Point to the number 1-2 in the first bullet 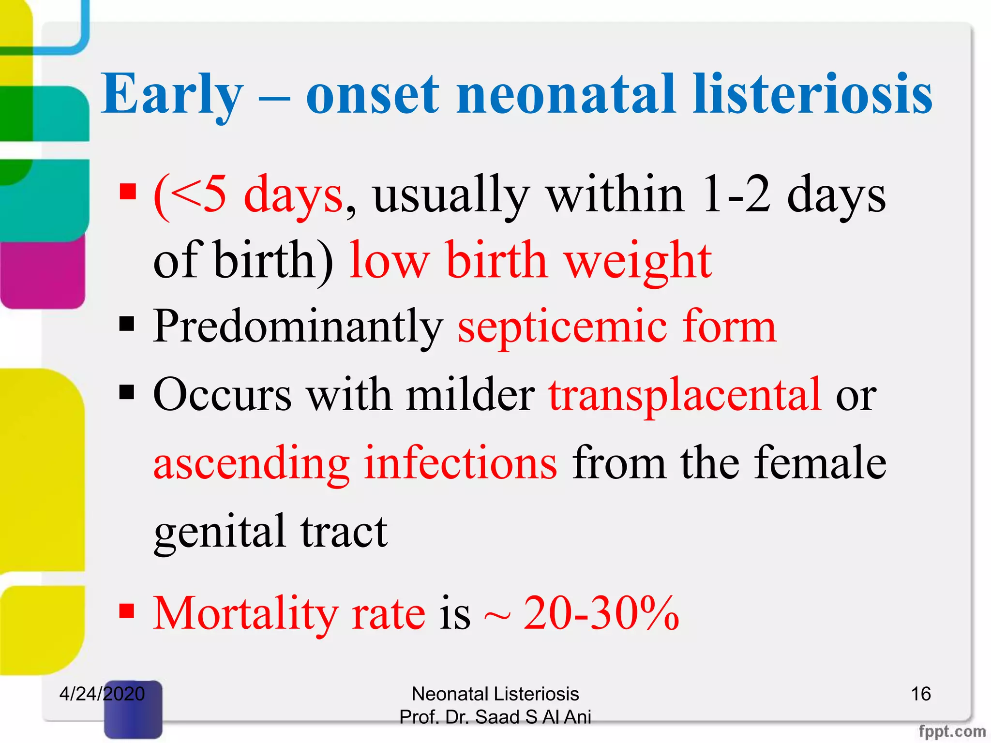tap(736, 195)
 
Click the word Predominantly tap(298, 328)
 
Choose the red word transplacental tap(685, 395)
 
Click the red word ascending tap(251, 463)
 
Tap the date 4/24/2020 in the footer tap(102, 694)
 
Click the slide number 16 tap(920, 694)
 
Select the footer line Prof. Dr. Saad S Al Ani tap(495, 717)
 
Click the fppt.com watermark tap(952, 731)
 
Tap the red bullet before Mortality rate tap(127, 611)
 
